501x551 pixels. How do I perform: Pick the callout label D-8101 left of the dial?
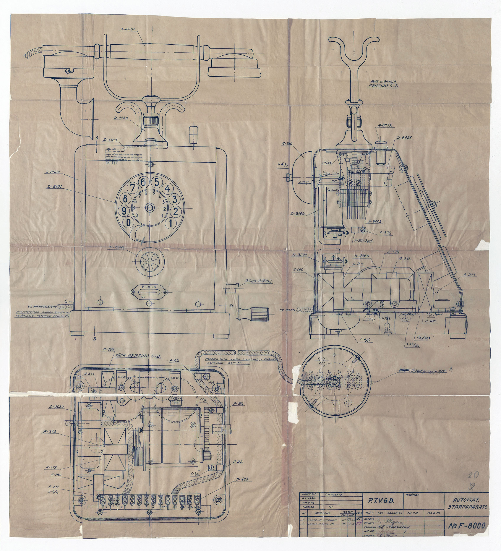[54, 187]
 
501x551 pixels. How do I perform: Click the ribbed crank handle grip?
[259, 312]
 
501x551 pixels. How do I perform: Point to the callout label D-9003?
[375, 222]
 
